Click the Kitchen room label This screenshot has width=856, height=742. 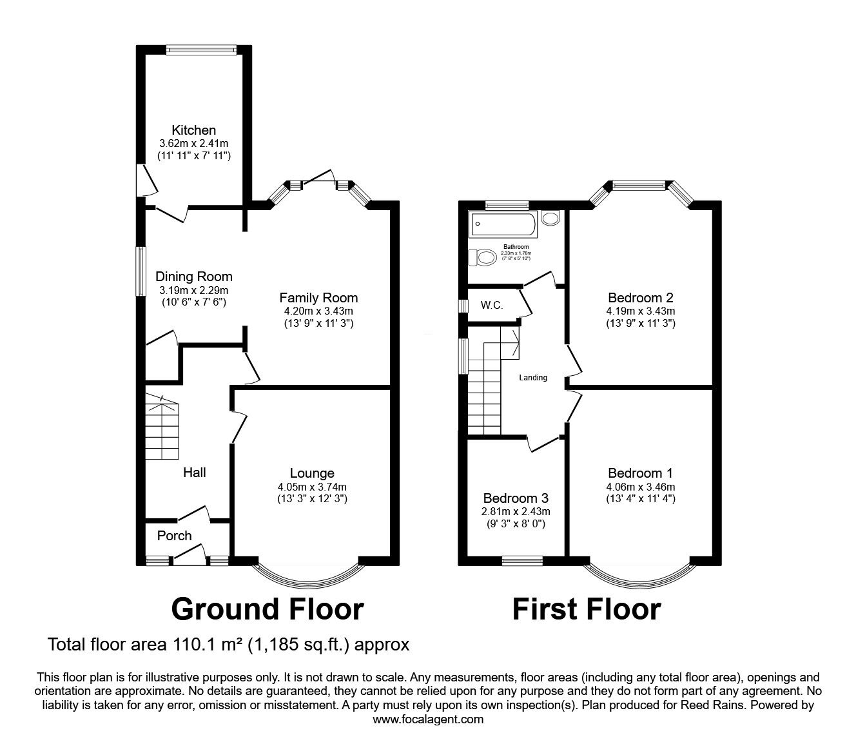point(193,130)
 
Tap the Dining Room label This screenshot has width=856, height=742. point(193,277)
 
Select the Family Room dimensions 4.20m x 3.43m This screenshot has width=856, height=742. point(318,311)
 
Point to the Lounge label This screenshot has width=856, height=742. point(312,473)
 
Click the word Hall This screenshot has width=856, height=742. point(194,473)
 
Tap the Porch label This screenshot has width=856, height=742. point(175,536)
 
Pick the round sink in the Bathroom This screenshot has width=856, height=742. point(550,219)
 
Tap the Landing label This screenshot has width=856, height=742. point(533,378)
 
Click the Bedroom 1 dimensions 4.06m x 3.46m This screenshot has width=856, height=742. point(641,487)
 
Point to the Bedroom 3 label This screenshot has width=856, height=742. point(516,498)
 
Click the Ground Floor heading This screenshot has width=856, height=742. point(267,609)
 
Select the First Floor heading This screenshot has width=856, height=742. point(587,609)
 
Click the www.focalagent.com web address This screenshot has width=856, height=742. point(428,719)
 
